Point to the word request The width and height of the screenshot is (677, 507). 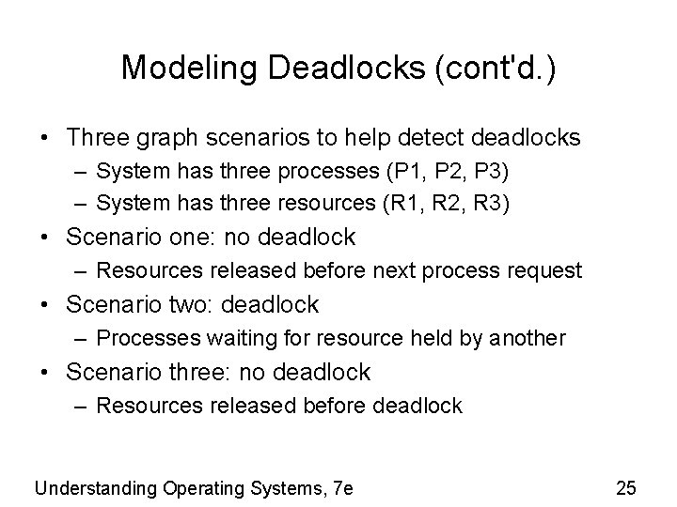tap(549, 271)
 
